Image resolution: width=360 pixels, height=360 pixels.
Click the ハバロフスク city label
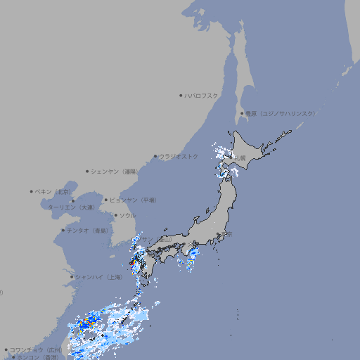(x=202, y=95)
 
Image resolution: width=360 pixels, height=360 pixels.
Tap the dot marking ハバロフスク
(x=181, y=95)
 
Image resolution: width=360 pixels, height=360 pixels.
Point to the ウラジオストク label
(x=179, y=156)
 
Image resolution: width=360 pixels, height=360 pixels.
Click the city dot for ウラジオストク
(x=156, y=156)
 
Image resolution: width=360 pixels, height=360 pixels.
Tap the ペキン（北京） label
(x=54, y=191)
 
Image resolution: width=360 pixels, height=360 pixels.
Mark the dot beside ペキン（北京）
(x=32, y=191)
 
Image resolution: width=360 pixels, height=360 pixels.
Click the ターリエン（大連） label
(x=70, y=207)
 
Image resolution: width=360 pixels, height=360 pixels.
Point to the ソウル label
(x=127, y=215)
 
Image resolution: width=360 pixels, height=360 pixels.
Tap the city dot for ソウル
(x=115, y=215)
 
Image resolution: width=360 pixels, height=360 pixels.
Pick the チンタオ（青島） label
(x=88, y=230)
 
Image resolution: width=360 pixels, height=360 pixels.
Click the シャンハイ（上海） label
(x=98, y=277)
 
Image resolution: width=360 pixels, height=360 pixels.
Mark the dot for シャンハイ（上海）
(x=72, y=277)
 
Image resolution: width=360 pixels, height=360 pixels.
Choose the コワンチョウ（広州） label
(x=36, y=349)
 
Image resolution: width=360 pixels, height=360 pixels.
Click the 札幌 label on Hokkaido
(x=240, y=157)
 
